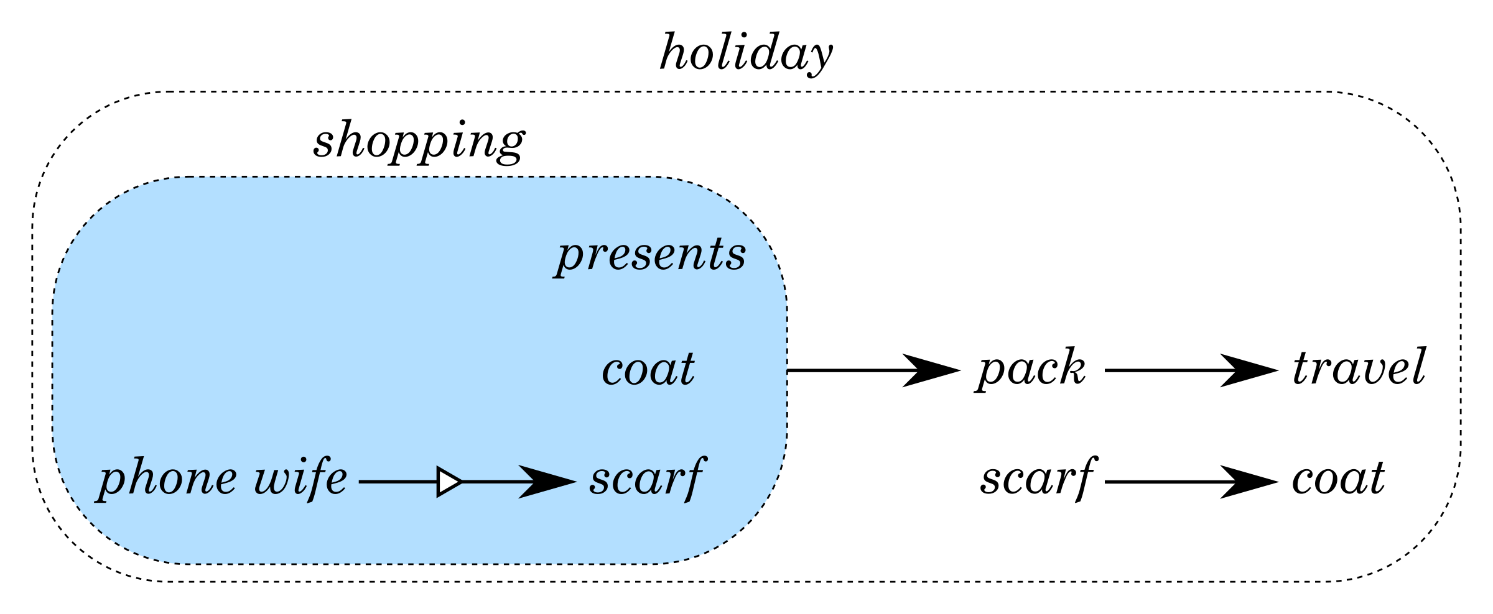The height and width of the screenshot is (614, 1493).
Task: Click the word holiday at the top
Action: tap(746, 53)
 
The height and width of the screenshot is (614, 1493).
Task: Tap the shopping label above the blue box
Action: tap(419, 141)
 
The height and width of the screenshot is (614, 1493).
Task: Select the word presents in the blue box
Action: tap(651, 254)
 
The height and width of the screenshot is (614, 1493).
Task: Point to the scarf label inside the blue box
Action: tap(647, 479)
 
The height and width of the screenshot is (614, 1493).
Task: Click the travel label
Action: tap(1359, 367)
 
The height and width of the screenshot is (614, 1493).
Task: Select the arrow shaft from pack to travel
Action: tap(1163, 371)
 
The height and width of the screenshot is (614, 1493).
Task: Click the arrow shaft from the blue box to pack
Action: tap(846, 371)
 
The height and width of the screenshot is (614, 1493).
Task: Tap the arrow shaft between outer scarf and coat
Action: tap(1163, 482)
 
